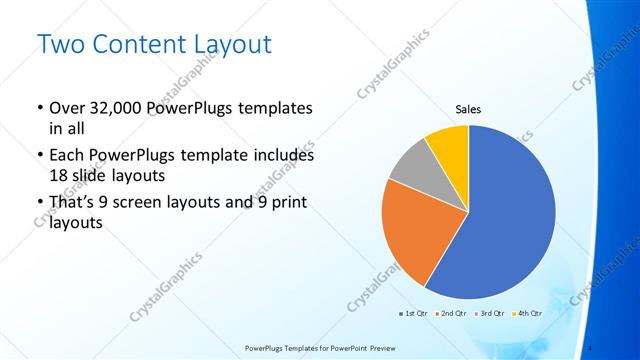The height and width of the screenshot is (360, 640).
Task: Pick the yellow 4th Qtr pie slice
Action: [449, 145]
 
